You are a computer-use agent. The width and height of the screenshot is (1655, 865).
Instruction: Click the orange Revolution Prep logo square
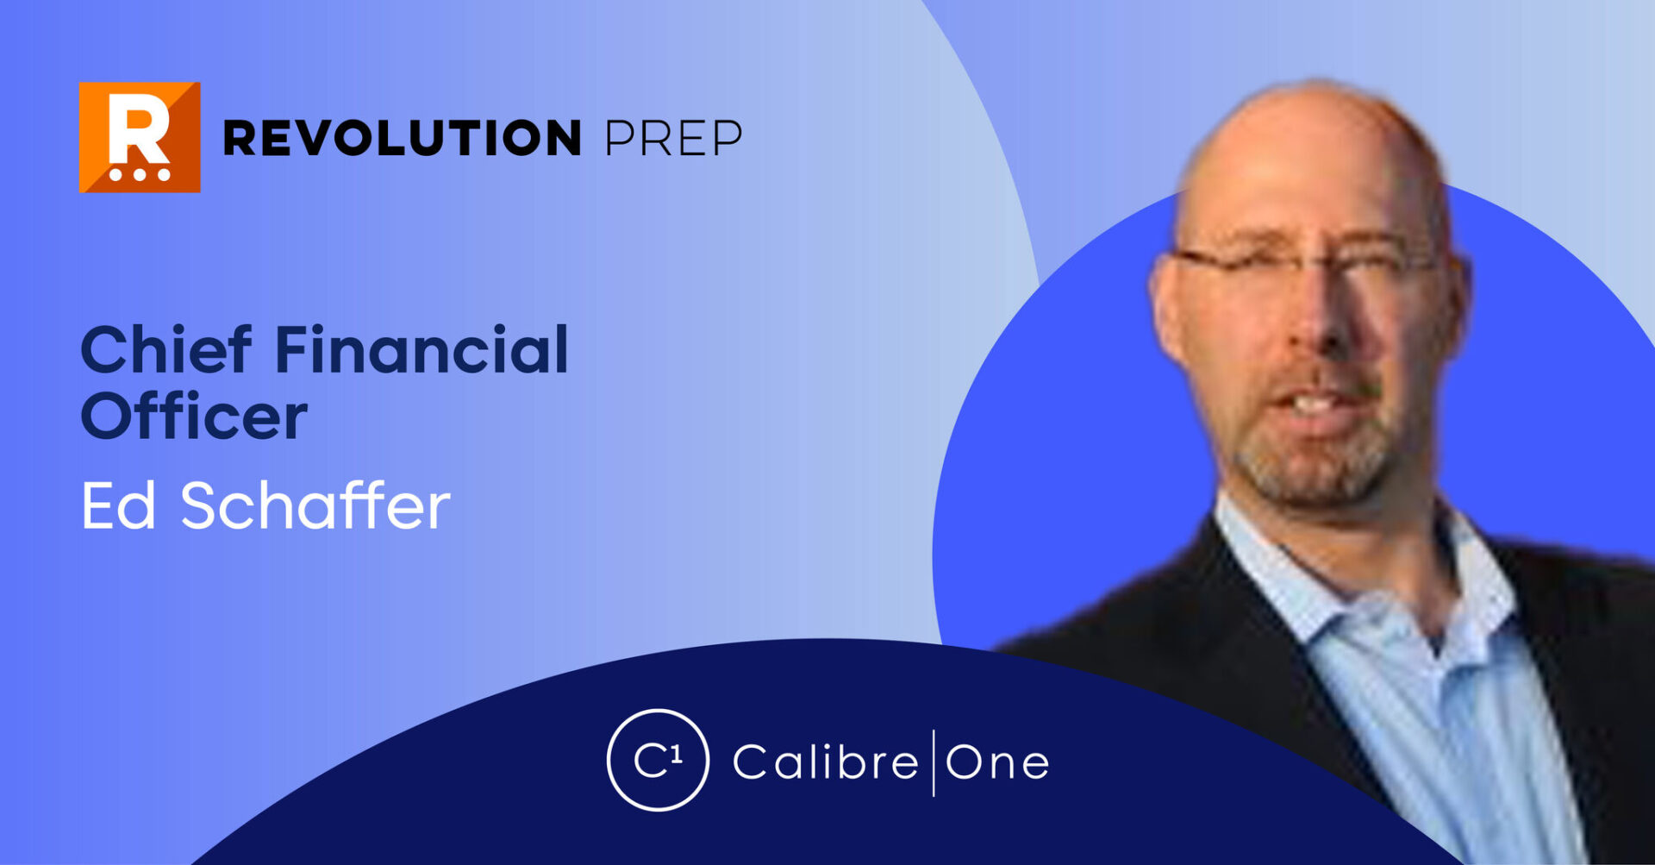[x=140, y=137]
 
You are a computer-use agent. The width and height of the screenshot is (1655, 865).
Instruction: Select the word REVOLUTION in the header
[x=403, y=138]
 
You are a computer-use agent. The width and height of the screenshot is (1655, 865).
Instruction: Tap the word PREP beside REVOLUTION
[x=673, y=138]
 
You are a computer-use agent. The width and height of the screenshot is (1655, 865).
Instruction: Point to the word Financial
[x=422, y=349]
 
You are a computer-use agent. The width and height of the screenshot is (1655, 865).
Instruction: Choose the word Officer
[x=194, y=416]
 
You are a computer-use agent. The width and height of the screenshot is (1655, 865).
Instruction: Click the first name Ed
[x=118, y=505]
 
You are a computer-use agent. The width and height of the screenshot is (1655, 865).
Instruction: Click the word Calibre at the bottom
[x=826, y=761]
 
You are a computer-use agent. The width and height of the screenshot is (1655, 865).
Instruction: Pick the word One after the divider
[x=997, y=762]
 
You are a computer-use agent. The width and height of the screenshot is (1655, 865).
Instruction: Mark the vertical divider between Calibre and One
[x=934, y=762]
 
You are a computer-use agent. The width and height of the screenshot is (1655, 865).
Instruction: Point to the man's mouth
[x=1312, y=402]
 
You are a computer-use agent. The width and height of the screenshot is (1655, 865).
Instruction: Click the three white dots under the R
[x=140, y=174]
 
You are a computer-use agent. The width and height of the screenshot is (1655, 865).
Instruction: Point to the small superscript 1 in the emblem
[x=677, y=754]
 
